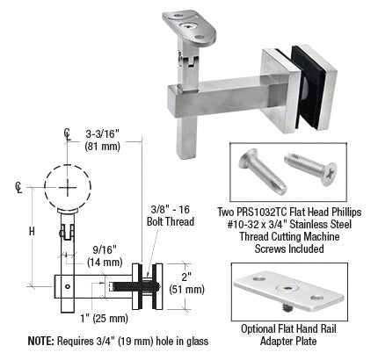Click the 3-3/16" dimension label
pyautogui.click(x=103, y=134)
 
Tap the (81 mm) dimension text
pyautogui.click(x=103, y=147)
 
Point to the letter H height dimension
pyautogui.click(x=32, y=232)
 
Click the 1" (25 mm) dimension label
pyautogui.click(x=105, y=318)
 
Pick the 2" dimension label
pyautogui.click(x=186, y=277)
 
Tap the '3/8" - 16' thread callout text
pyautogui.click(x=171, y=210)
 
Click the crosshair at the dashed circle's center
pyautogui.click(x=68, y=187)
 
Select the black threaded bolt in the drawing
pyautogui.click(x=136, y=286)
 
